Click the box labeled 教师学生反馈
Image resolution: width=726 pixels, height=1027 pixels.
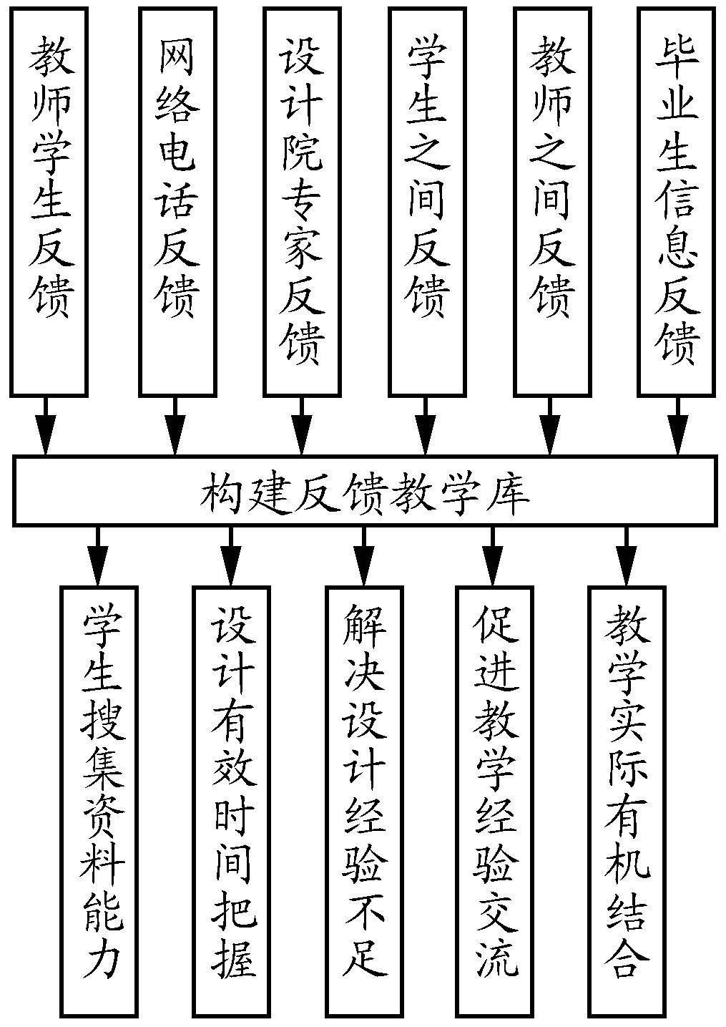(x=49, y=201)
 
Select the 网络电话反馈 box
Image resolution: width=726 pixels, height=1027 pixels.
(x=177, y=201)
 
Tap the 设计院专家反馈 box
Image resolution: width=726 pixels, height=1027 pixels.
(x=301, y=201)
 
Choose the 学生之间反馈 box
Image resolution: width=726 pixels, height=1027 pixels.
(x=426, y=201)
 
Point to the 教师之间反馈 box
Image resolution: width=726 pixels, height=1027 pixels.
(x=551, y=201)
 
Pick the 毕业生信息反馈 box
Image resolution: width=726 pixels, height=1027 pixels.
(x=677, y=201)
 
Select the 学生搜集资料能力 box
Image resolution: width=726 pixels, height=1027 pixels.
(x=99, y=801)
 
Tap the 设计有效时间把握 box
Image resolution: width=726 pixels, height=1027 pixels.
(x=231, y=801)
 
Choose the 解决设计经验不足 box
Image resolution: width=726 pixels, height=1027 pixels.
(x=363, y=801)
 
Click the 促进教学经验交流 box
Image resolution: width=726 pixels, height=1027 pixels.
(x=494, y=801)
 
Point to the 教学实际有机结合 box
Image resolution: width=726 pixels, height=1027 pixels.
(x=627, y=801)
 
